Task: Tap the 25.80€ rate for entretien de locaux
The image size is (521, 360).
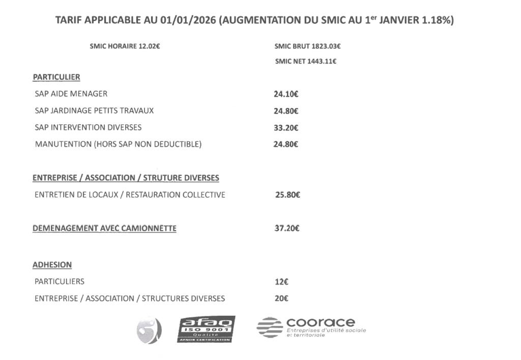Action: pos(287,195)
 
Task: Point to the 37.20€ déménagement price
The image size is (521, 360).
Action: pos(287,228)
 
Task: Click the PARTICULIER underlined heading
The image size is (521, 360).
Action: pos(56,77)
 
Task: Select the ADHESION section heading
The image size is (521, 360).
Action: pos(52,265)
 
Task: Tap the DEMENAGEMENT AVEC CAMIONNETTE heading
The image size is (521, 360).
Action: pos(104,228)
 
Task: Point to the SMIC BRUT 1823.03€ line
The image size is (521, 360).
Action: pos(307,46)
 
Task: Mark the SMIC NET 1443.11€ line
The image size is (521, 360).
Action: pos(305,62)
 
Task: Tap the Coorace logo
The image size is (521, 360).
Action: pos(311,326)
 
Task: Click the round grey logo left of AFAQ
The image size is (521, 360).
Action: pos(149,330)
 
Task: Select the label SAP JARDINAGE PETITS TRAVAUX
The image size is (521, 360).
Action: pos(94,110)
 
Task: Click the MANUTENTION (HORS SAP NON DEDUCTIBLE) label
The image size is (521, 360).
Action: pos(118,144)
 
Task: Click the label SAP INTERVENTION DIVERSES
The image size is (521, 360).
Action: pos(88,127)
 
